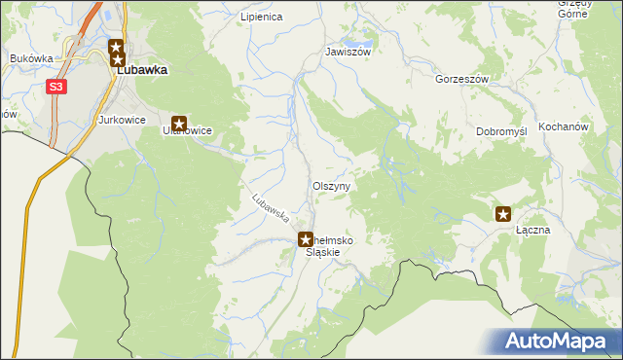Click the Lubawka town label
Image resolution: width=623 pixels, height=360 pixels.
coord(142,70)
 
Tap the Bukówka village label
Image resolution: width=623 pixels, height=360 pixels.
coord(31,58)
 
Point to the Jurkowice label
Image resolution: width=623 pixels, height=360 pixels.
coord(122,120)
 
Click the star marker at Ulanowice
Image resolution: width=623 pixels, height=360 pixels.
coord(179,123)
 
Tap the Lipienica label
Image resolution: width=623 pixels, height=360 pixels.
coord(261,18)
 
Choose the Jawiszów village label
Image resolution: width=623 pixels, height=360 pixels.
coord(348,52)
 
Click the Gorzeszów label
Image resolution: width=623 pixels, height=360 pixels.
coord(461,79)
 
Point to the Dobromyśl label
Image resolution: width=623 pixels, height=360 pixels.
coord(501,131)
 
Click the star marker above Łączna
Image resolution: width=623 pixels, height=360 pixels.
coord(503,214)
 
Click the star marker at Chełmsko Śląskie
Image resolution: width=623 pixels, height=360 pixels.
coord(305,237)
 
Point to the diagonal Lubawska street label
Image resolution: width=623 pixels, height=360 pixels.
coord(271,206)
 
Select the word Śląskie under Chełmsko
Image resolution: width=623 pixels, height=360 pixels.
coord(322,252)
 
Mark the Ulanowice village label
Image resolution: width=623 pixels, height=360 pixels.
coord(188,129)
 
